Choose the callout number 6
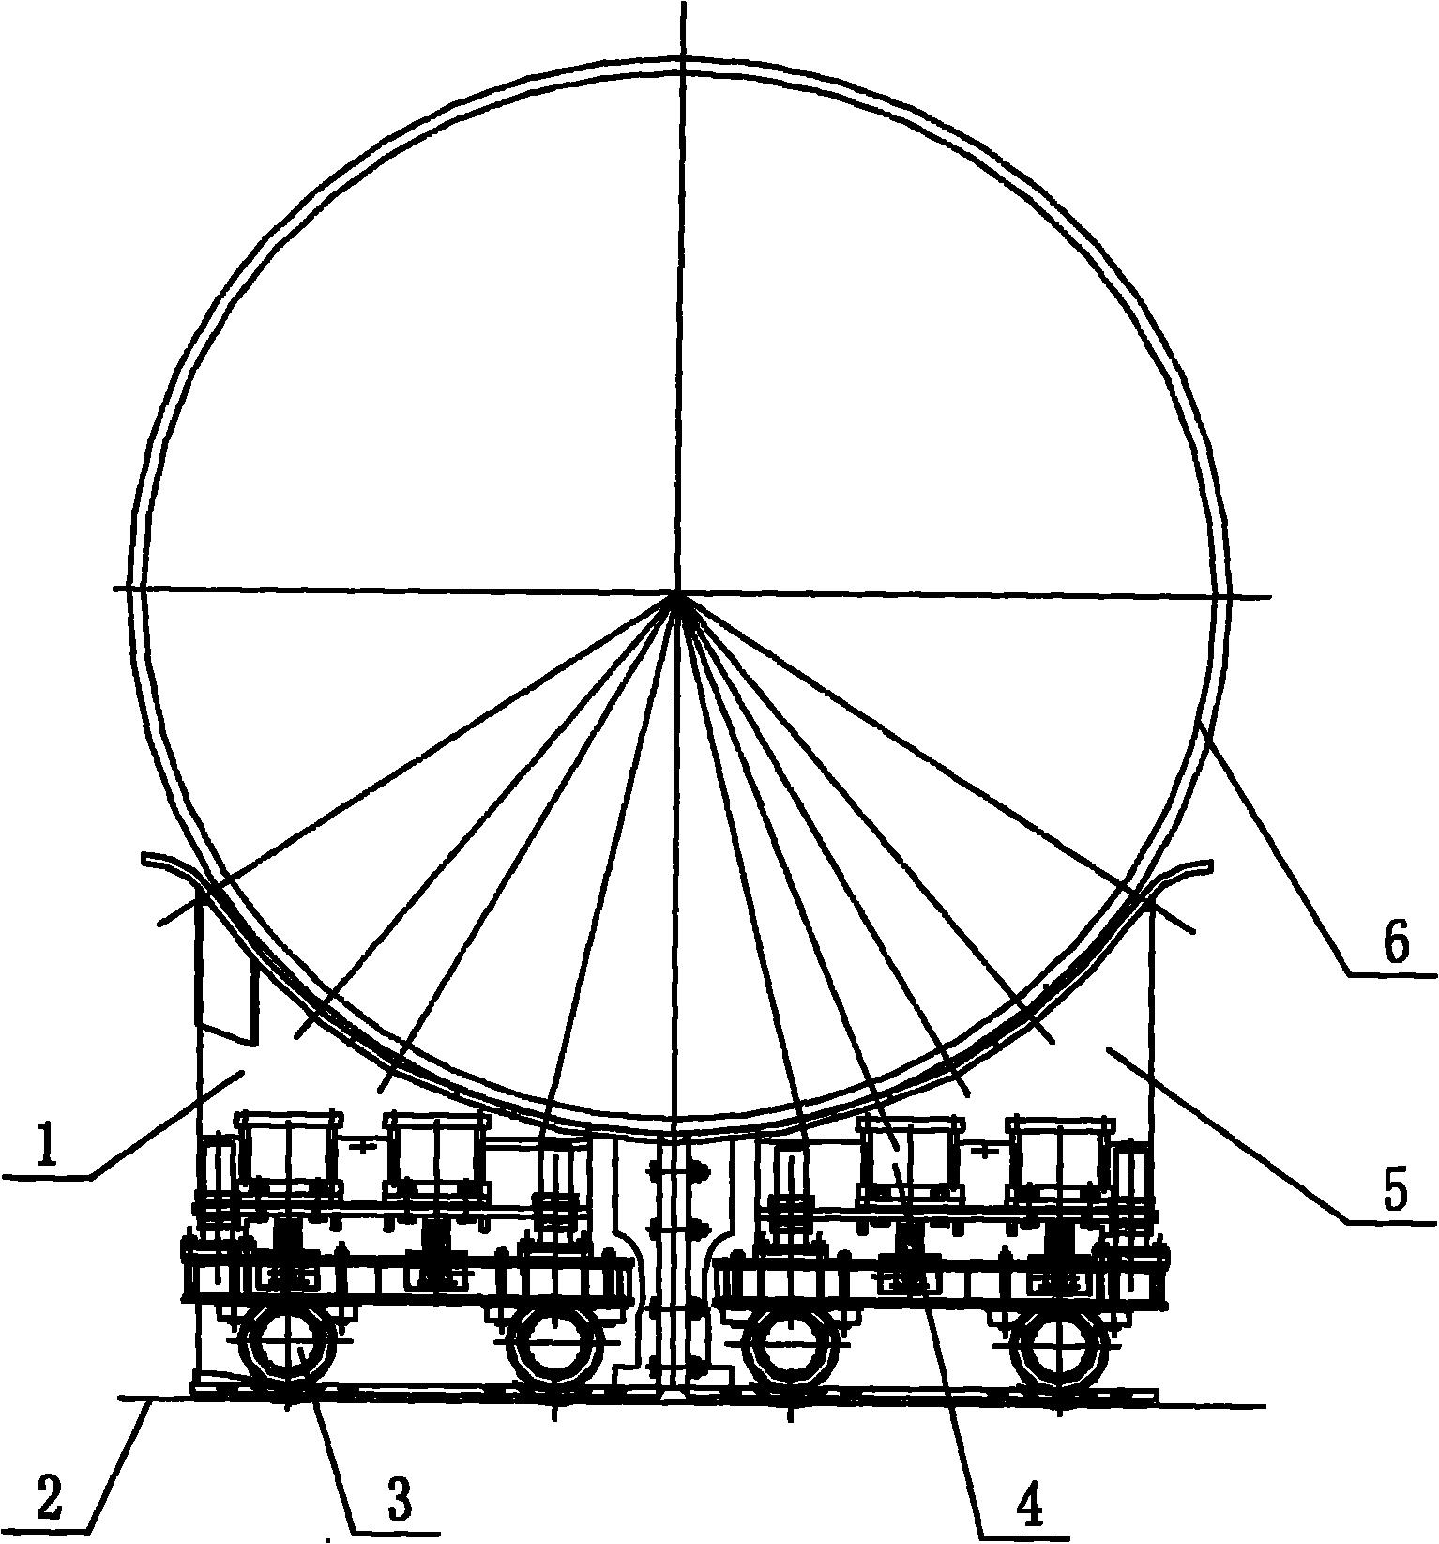pyautogui.click(x=1396, y=946)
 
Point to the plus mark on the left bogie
pyautogui.click(x=362, y=1145)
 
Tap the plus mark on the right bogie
pyautogui.click(x=982, y=1148)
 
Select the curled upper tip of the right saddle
pyautogui.click(x=1211, y=862)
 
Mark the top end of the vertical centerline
pyautogui.click(x=683, y=3)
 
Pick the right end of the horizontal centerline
pyautogui.click(x=1272, y=597)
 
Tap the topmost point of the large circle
pyautogui.click(x=682, y=59)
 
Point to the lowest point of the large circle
pyautogui.click(x=676, y=1125)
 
